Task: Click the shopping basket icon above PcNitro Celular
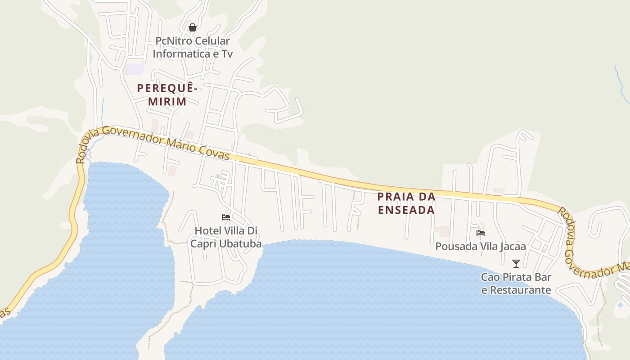pyautogui.click(x=193, y=27)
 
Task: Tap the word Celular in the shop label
pyautogui.click(x=211, y=41)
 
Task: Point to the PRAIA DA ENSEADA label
pyautogui.click(x=406, y=203)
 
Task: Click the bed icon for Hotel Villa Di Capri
pyautogui.click(x=226, y=217)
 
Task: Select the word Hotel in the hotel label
pyautogui.click(x=208, y=231)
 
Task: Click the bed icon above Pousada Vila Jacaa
pyautogui.click(x=481, y=233)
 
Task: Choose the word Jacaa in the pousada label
pyautogui.click(x=513, y=247)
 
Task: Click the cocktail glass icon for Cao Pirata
pyautogui.click(x=516, y=263)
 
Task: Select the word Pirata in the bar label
pyautogui.click(x=518, y=277)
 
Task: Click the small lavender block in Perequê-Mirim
pyautogui.click(x=134, y=69)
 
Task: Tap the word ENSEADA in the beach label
pyautogui.click(x=406, y=210)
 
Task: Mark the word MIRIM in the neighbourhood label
pyautogui.click(x=167, y=101)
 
